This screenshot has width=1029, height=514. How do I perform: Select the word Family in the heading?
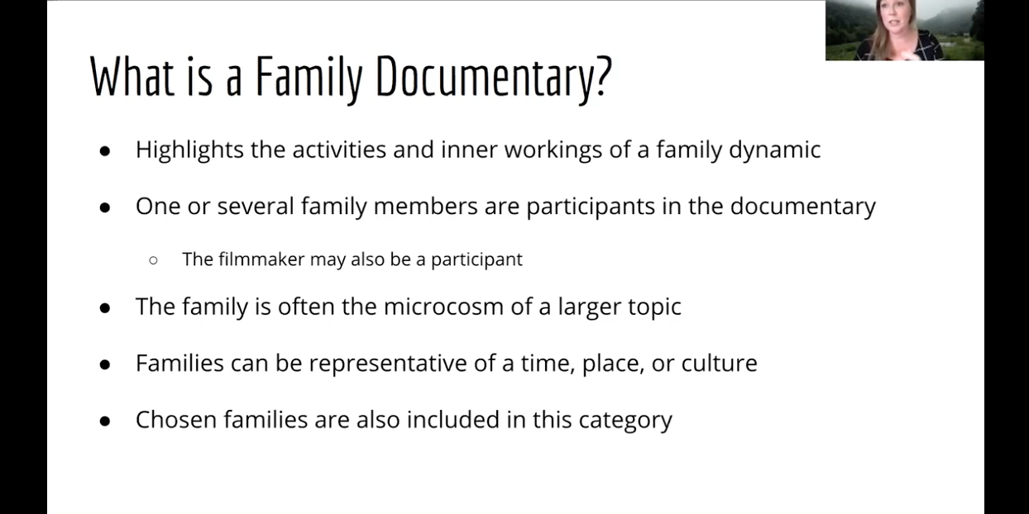tap(309, 77)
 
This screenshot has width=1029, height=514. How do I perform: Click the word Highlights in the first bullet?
tap(189, 150)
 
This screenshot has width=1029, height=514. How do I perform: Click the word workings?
tap(553, 150)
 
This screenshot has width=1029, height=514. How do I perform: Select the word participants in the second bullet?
tap(591, 206)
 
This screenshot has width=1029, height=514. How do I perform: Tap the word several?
tap(256, 206)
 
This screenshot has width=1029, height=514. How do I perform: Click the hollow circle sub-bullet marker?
tap(153, 260)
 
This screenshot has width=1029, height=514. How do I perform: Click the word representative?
tap(388, 364)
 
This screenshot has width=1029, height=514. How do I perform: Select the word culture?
tap(720, 363)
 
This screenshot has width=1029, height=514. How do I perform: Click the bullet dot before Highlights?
tap(105, 151)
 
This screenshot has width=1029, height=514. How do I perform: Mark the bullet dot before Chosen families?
tap(105, 421)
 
